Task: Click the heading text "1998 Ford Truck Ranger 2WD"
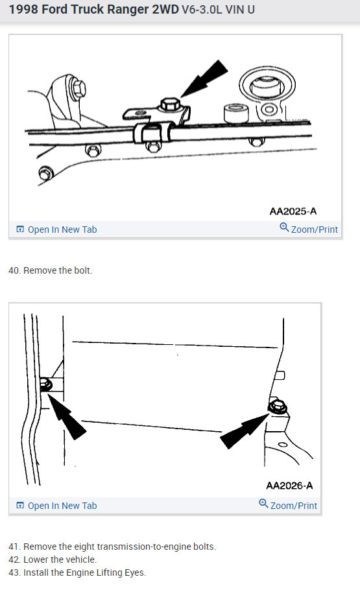[x=93, y=10]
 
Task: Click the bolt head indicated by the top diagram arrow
[x=171, y=104]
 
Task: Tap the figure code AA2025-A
[x=293, y=211]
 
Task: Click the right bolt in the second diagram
[x=277, y=407]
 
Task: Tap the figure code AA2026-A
[x=290, y=486]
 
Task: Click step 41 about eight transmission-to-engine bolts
[x=112, y=547]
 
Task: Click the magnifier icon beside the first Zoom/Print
[x=284, y=228]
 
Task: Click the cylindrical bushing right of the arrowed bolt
[x=235, y=114]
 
